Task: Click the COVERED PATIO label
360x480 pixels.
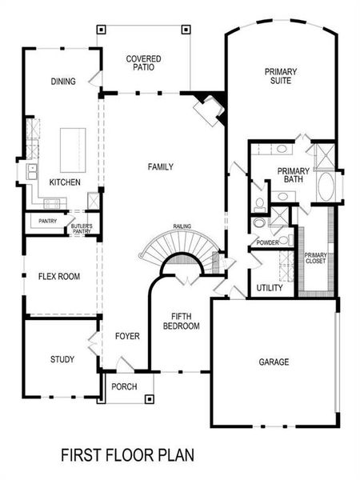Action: [x=143, y=63]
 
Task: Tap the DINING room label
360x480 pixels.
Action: [x=63, y=81]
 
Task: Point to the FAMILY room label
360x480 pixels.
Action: [x=160, y=166]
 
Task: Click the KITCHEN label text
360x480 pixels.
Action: [x=65, y=182]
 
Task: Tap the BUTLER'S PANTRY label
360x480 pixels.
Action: [x=82, y=228]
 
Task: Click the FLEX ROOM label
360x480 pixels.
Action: [x=58, y=277]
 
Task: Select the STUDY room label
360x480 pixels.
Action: [x=62, y=359]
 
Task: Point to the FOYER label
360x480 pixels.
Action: [x=127, y=336]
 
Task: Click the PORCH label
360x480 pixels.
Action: [x=124, y=386]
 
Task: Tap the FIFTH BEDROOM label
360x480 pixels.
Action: [x=181, y=321]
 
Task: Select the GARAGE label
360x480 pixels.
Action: [x=274, y=362]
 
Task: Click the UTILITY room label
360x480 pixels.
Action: [x=269, y=288]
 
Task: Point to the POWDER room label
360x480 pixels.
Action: [x=267, y=242]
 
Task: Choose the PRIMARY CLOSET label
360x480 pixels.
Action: [x=315, y=258]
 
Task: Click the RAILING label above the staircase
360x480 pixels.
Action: [x=182, y=226]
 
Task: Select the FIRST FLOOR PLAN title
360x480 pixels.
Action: [x=127, y=455]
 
